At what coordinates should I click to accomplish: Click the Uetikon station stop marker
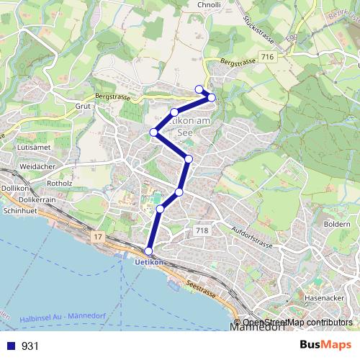(149, 251)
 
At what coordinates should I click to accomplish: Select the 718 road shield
(202, 230)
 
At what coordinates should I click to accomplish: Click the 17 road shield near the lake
(98, 235)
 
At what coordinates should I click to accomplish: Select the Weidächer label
(38, 166)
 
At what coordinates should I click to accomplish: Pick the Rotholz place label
(59, 183)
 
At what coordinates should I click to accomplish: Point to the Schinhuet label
(19, 212)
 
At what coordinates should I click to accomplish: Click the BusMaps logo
(320, 345)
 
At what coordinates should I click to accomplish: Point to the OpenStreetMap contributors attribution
(297, 323)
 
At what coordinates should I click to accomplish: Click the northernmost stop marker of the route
(199, 89)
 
